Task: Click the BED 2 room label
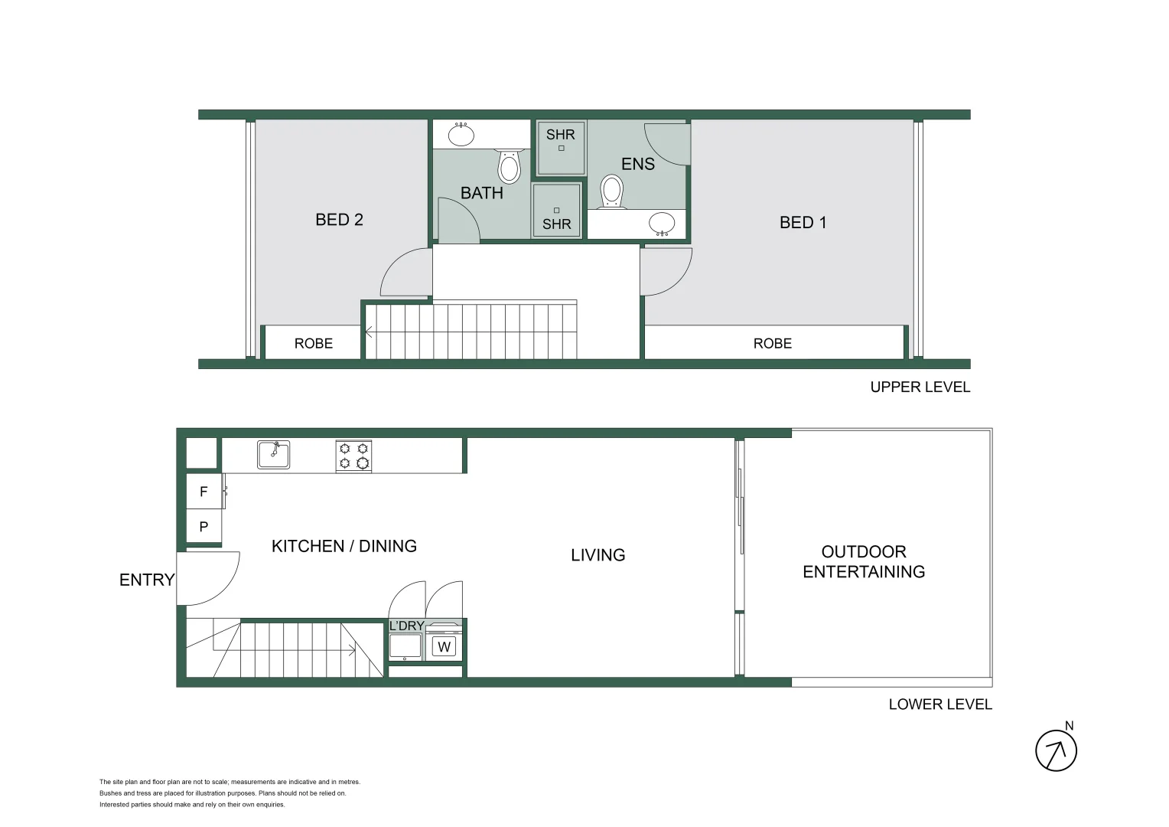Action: coord(339,220)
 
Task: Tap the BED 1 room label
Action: coord(803,223)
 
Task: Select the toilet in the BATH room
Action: coord(509,166)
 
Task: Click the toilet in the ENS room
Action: coord(611,191)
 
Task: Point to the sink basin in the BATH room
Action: coord(461,135)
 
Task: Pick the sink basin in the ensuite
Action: coord(662,224)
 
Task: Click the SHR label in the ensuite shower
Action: coord(560,135)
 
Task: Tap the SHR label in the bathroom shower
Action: coord(556,224)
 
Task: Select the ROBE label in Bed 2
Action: coord(314,344)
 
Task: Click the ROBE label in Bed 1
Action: coord(772,344)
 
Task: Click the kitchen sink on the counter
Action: coord(273,454)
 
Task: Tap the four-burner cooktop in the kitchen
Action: coord(353,456)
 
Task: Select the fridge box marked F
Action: coord(204,492)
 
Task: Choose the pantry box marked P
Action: coord(204,527)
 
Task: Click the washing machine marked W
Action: coord(444,647)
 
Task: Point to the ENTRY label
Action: coord(147,580)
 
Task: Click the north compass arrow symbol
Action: coord(1056,750)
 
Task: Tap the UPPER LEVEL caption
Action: coord(920,387)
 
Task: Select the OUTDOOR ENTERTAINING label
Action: coord(864,562)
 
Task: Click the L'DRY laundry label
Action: coord(406,626)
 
